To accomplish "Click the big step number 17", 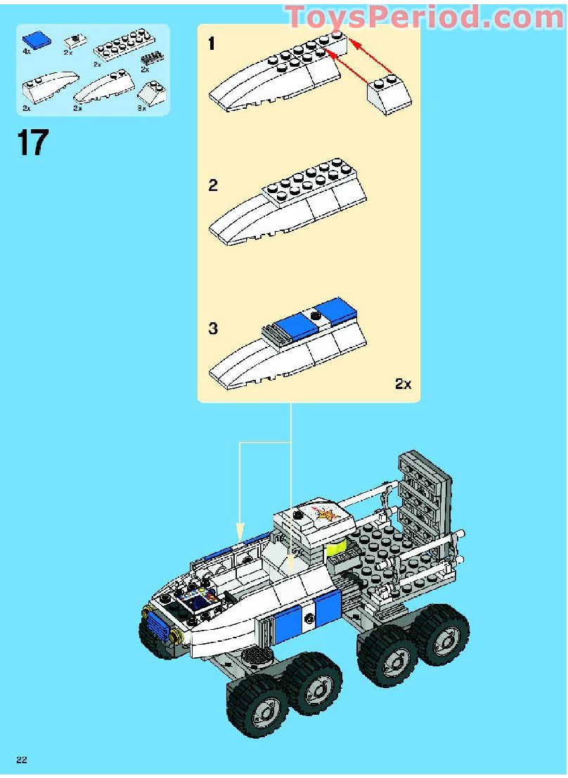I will pyautogui.click(x=32, y=143).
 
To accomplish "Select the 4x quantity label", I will pyautogui.click(x=27, y=52).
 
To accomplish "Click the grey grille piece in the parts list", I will pyautogui.click(x=150, y=58).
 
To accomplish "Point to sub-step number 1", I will pyautogui.click(x=212, y=44).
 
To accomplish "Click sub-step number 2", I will pyautogui.click(x=213, y=186).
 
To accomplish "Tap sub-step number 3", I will pyautogui.click(x=213, y=329).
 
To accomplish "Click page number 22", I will pyautogui.click(x=22, y=760).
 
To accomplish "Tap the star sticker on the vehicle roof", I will pyautogui.click(x=327, y=516).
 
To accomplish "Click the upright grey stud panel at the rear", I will pyautogui.click(x=422, y=492).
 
